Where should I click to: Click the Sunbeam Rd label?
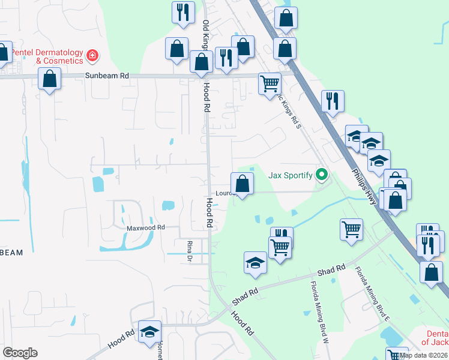click(107, 76)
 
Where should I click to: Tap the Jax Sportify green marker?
click(322, 175)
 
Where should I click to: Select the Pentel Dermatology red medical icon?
click(92, 57)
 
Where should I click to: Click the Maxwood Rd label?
click(145, 228)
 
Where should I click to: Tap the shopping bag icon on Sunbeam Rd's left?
click(49, 79)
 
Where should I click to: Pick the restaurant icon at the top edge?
click(182, 13)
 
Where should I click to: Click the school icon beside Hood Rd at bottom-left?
click(149, 332)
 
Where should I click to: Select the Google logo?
click(20, 353)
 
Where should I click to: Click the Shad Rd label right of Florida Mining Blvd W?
click(331, 271)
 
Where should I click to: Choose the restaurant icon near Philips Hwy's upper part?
click(332, 100)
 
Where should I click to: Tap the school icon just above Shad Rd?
click(255, 262)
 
